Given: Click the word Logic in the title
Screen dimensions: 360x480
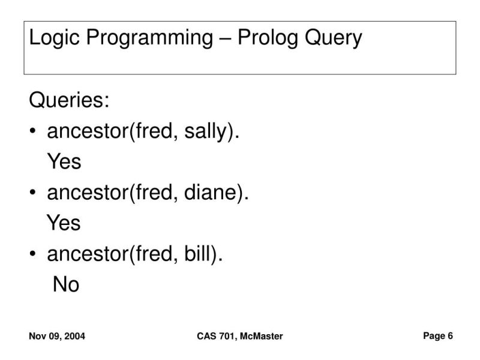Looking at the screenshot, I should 53,38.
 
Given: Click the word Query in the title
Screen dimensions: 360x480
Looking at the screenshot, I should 334,38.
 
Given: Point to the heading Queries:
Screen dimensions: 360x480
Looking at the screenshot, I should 70,100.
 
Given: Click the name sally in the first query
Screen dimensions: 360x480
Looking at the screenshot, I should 203,131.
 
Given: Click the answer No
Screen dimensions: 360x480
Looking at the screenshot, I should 66,284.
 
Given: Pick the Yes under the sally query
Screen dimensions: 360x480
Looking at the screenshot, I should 64,161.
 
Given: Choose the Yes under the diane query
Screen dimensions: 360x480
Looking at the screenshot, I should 64,223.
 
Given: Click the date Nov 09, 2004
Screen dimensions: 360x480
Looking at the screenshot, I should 57,337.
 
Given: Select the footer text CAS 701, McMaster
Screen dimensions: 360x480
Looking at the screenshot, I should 239,337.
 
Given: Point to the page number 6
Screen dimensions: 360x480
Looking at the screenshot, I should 450,336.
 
